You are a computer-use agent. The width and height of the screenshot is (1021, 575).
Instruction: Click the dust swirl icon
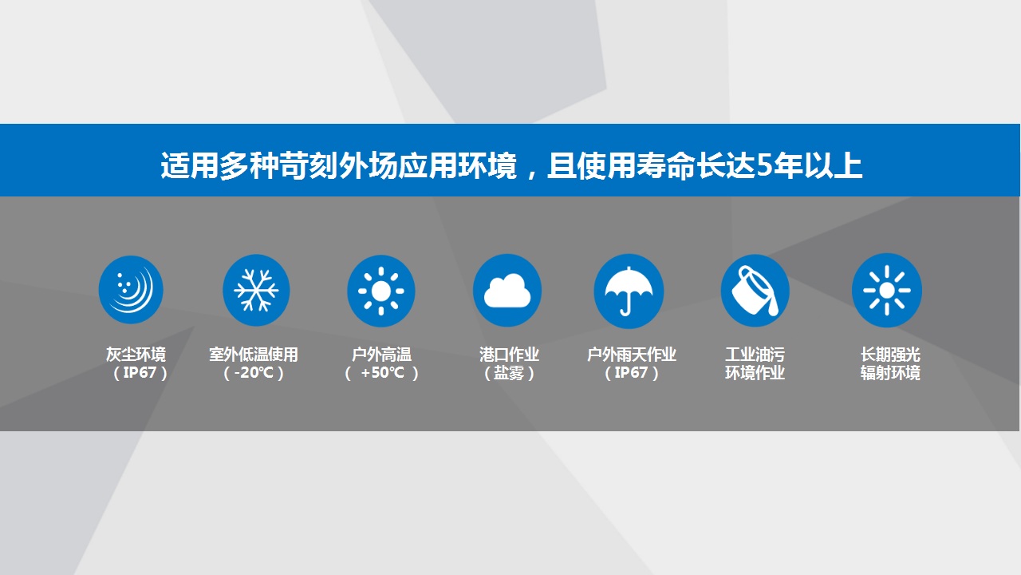(x=131, y=290)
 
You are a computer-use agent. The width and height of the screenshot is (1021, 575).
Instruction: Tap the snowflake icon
(x=256, y=290)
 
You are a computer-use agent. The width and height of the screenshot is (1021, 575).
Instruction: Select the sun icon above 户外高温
(x=381, y=291)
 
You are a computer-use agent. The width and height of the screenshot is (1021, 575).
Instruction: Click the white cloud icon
(x=507, y=291)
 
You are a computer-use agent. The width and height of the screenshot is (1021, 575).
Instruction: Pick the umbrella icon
(x=629, y=291)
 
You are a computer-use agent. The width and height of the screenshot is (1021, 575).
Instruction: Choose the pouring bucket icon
(x=755, y=291)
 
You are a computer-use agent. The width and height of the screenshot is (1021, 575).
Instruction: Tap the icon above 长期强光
(x=887, y=290)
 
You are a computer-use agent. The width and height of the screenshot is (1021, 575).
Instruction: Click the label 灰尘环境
(x=136, y=355)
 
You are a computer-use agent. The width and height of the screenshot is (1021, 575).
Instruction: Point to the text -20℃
(x=254, y=373)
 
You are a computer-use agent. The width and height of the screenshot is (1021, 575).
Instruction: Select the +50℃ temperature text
(x=382, y=373)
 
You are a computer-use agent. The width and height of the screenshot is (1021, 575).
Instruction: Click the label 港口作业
(x=509, y=355)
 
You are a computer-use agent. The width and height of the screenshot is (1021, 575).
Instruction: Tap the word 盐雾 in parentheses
(x=509, y=373)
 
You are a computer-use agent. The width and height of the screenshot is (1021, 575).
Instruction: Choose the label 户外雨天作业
(x=631, y=355)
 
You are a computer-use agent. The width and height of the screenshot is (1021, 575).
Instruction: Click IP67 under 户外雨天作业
(x=631, y=373)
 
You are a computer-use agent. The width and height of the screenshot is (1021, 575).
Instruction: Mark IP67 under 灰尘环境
(x=140, y=373)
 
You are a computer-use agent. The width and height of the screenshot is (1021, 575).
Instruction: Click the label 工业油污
(x=755, y=355)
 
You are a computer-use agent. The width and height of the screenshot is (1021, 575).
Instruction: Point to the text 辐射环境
(x=890, y=373)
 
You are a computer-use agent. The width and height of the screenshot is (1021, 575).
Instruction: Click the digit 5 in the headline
(x=764, y=165)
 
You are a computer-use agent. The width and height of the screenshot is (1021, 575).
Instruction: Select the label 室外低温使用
(x=254, y=355)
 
